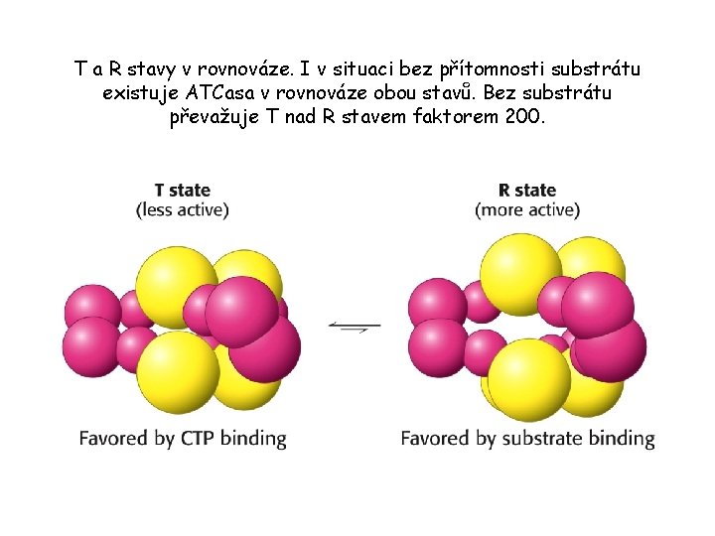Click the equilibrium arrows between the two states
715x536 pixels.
355,326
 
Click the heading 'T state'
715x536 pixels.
182,191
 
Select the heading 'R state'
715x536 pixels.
526,191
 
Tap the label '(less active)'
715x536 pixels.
183,209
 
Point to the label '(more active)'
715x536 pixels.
527,209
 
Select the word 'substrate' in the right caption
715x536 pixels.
540,438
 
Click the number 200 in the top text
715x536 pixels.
523,116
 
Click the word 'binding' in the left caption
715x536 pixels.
255,438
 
